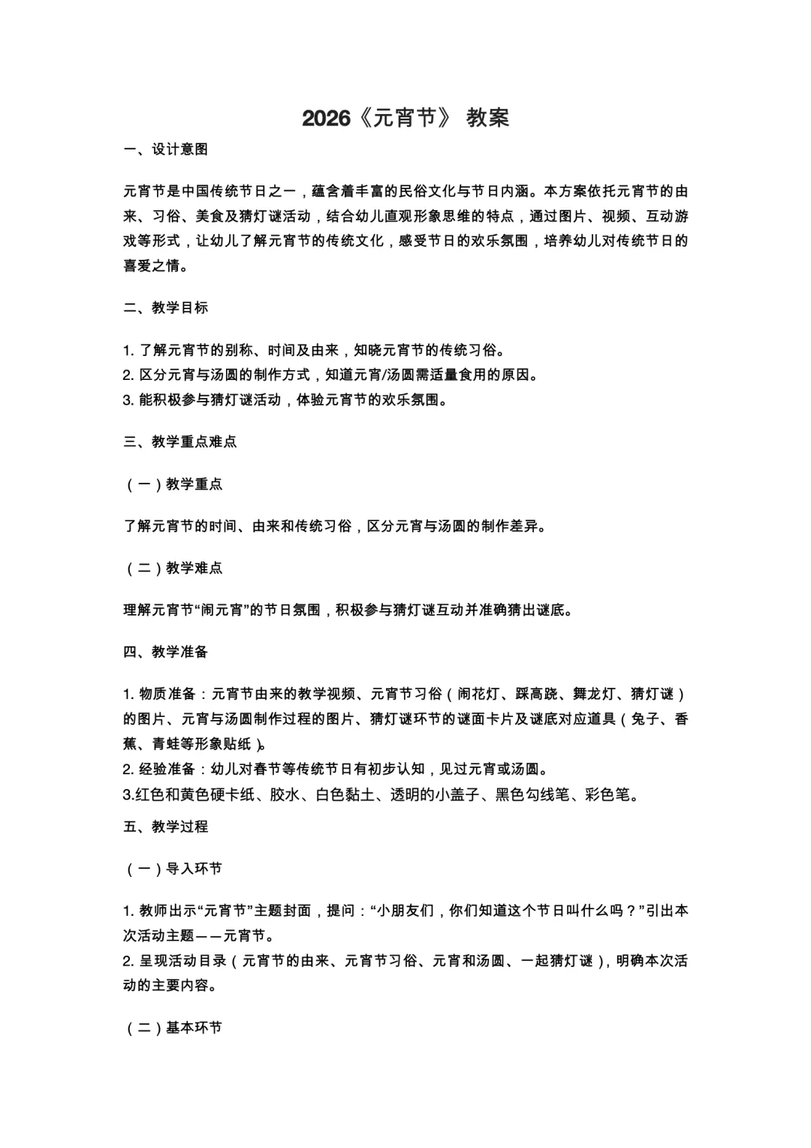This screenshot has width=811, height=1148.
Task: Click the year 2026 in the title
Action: pyautogui.click(x=326, y=118)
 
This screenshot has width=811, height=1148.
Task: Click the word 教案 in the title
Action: pyautogui.click(x=487, y=118)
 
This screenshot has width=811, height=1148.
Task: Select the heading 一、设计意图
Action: pyautogui.click(x=166, y=149)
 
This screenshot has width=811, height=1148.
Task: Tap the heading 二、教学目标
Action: pyautogui.click(x=166, y=308)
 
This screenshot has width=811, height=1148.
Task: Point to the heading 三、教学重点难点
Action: pyautogui.click(x=180, y=441)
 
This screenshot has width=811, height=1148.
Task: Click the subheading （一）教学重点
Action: pyautogui.click(x=173, y=484)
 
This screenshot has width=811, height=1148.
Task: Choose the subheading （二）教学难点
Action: pyautogui.click(x=173, y=568)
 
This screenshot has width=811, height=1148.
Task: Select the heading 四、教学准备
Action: pyautogui.click(x=166, y=652)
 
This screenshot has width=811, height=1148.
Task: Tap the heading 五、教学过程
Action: pyautogui.click(x=166, y=827)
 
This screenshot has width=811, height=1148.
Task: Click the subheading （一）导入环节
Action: pyautogui.click(x=173, y=869)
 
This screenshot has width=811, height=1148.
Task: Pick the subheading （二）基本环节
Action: pyautogui.click(x=173, y=1028)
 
